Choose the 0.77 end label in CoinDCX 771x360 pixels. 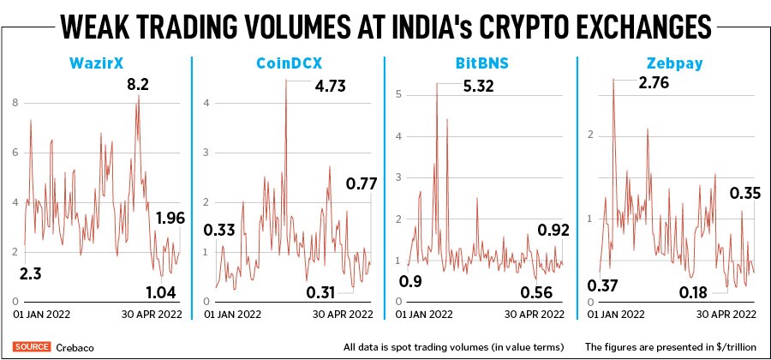pyautogui.click(x=362, y=183)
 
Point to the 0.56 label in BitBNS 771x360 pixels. pyautogui.click(x=537, y=291)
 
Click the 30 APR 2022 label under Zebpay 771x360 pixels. pyautogui.click(x=725, y=315)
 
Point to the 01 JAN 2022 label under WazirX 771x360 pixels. pyautogui.click(x=40, y=315)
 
